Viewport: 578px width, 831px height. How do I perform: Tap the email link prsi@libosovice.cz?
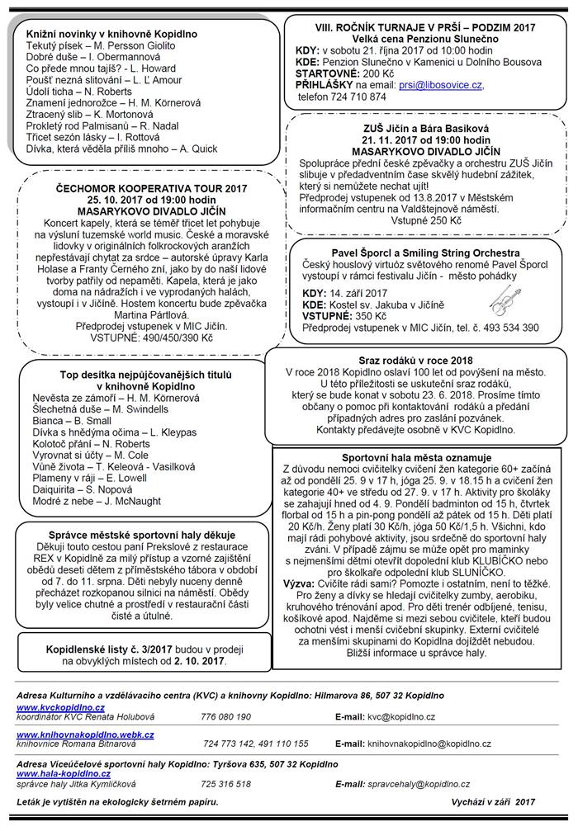coord(441,85)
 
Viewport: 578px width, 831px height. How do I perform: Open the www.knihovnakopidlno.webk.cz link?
coord(85,734)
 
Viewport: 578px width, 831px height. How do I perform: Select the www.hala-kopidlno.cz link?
coord(63,774)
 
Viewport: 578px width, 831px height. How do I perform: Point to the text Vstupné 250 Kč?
coord(415,220)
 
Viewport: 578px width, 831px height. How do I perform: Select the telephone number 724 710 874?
coord(353,97)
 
